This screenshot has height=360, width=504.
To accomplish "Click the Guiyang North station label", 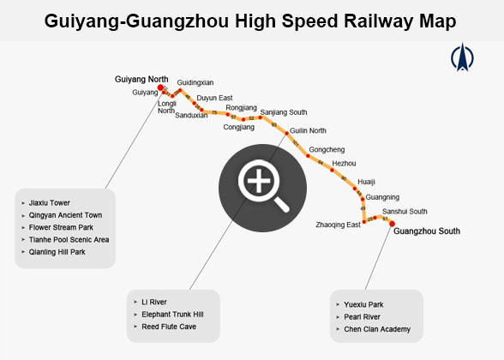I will [x=141, y=79].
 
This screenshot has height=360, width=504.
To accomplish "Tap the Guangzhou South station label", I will [x=427, y=231].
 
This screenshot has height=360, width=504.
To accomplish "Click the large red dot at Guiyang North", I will [x=160, y=87].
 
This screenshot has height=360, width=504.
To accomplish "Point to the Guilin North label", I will [x=308, y=130].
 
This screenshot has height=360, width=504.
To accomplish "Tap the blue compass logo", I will [x=462, y=57].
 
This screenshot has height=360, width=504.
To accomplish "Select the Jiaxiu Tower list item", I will [x=49, y=203].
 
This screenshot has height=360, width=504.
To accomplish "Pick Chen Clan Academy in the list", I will [x=377, y=329].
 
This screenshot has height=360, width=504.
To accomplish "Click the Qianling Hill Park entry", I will [x=57, y=252].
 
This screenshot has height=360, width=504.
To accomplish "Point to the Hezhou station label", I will [x=344, y=163].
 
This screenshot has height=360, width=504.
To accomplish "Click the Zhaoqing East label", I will [x=338, y=225].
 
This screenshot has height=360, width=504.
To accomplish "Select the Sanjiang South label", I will [x=283, y=112].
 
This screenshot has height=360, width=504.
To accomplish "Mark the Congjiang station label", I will [x=238, y=127].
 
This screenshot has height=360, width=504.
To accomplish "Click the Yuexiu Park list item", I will [x=363, y=304].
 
